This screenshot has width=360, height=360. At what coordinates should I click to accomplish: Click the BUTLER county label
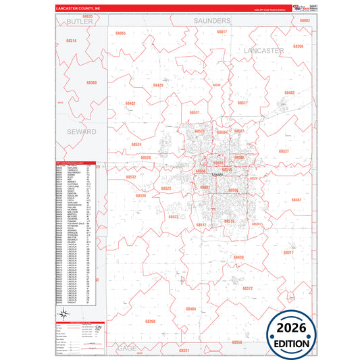(80, 22)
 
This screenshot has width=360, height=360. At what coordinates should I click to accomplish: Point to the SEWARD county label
(81, 132)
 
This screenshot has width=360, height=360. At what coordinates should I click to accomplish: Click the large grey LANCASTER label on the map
(263, 51)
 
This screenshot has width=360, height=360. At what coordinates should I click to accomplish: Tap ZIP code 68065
(120, 33)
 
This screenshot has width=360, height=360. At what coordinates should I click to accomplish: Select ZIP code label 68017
(222, 32)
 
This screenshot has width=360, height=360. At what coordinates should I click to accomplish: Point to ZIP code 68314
(71, 41)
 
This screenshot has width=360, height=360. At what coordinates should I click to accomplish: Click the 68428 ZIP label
(157, 85)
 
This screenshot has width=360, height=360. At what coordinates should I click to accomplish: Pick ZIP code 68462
(290, 93)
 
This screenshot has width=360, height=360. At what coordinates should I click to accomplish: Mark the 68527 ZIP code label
(284, 151)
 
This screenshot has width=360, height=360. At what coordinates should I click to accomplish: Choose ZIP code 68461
(296, 200)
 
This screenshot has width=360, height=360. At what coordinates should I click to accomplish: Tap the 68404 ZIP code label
(191, 309)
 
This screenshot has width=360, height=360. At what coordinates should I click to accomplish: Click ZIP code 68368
(150, 321)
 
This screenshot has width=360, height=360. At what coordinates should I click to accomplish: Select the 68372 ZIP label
(247, 288)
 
